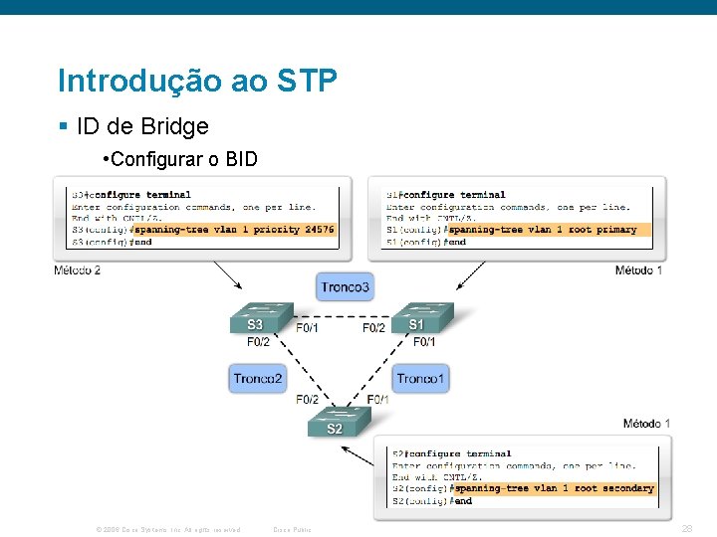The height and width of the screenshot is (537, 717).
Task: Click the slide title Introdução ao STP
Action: coord(197,81)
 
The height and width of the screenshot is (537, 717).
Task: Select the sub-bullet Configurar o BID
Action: coord(179,159)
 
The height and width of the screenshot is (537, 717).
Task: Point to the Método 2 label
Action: coord(78,270)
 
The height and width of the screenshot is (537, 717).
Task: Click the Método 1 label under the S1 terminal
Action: coord(638,270)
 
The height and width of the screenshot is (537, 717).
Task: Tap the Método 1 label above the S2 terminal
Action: coord(646,424)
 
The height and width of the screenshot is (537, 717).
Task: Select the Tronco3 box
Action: coord(346,287)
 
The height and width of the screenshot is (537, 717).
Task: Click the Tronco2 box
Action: coord(258,378)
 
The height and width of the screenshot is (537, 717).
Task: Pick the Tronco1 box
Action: coord(422,378)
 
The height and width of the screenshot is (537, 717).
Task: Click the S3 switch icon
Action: coord(257,319)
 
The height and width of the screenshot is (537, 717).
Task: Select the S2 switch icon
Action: coord(336,423)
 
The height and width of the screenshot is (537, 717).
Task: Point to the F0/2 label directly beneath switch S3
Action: coord(258,342)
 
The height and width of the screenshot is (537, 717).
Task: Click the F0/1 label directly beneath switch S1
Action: coord(424,342)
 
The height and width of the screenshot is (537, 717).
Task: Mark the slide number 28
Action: coord(687,528)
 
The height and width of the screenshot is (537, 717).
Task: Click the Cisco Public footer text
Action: coord(292,529)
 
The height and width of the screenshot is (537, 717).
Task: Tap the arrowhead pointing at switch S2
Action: coord(345,448)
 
